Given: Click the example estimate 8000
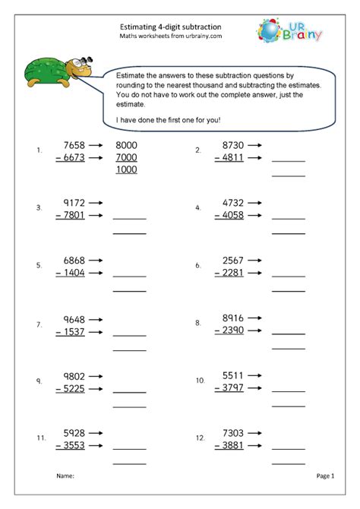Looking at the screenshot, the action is (126, 144).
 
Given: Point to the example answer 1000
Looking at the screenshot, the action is (126, 169).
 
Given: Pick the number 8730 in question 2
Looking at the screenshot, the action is (235, 144).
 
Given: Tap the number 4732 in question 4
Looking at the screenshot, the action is (235, 204).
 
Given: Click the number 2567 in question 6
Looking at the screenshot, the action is (235, 261).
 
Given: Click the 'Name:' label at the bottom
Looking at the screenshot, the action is (65, 476).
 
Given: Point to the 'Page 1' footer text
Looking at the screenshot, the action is (325, 476).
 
